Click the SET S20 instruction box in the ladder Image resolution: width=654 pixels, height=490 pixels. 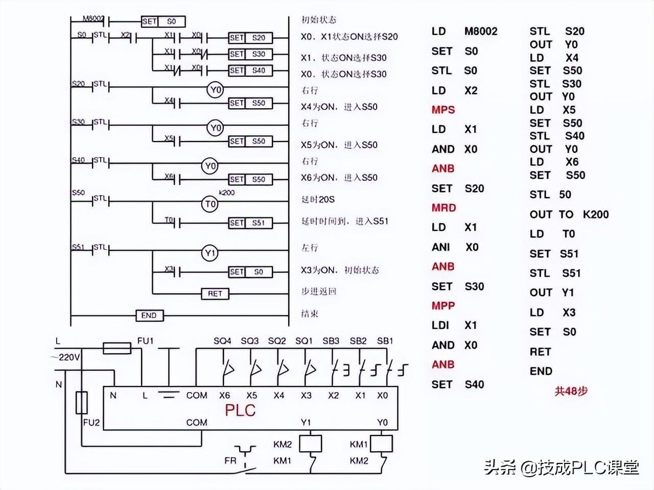250,38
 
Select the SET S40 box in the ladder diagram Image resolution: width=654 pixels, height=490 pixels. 250,70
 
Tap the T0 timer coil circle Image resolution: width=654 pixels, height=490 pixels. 211,205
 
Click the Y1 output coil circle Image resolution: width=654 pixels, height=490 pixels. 211,253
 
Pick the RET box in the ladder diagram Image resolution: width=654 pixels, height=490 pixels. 215,293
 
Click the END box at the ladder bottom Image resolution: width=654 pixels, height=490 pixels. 149,315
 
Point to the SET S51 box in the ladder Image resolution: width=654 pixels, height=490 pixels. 250,223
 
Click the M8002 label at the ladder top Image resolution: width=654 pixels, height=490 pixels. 94,19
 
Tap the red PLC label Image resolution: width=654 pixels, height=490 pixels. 240,410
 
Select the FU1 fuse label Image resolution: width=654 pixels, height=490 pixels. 146,340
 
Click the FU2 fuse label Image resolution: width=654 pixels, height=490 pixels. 91,422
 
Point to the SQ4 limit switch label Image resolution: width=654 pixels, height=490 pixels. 222,340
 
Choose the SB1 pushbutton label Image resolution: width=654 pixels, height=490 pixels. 385,340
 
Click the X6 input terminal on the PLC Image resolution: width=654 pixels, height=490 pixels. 224,395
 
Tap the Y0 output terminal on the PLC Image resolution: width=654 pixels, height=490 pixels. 382,422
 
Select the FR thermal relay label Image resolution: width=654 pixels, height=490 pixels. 230,460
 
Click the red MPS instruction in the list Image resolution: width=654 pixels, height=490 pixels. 443,110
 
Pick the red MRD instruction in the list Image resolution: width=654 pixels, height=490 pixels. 443,208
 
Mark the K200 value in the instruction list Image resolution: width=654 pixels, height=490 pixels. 596,214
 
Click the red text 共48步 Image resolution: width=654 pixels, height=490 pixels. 571,391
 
